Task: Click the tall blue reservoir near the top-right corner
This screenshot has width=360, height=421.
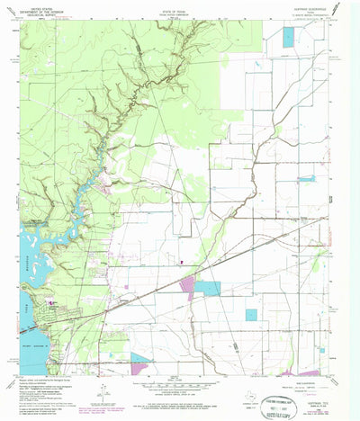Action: tap(288, 38)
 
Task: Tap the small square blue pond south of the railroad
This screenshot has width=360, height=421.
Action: tap(251, 315)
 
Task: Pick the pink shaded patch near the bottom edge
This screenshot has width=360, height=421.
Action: tap(140, 363)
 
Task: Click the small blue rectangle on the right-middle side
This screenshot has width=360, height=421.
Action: tap(307, 178)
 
